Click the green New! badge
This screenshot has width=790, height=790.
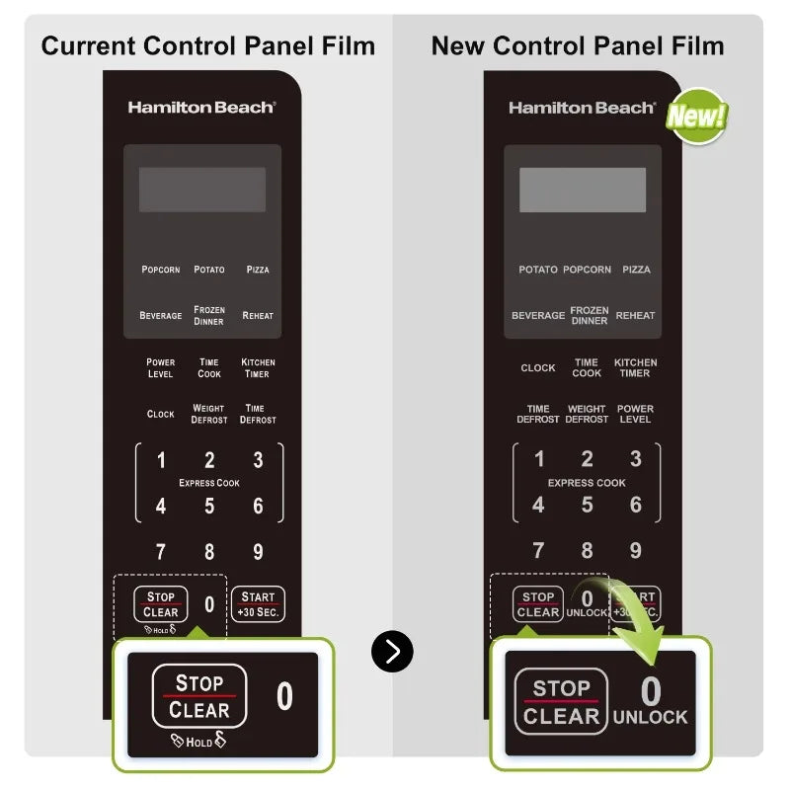click(x=698, y=116)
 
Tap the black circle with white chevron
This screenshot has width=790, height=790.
click(x=392, y=651)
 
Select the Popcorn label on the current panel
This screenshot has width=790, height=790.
click(x=161, y=270)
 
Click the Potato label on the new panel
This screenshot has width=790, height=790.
click(x=538, y=270)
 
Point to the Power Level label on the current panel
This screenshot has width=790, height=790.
click(x=160, y=367)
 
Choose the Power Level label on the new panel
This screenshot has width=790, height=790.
click(x=635, y=414)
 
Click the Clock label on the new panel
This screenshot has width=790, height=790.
click(x=538, y=367)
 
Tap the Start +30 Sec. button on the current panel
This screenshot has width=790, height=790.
click(x=258, y=604)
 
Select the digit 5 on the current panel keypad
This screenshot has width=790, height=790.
click(x=209, y=506)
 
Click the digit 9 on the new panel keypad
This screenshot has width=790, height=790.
click(x=636, y=550)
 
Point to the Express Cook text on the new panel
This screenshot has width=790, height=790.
click(x=587, y=483)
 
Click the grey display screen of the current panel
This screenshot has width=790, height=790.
click(x=202, y=190)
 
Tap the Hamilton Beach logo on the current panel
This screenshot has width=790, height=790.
click(x=201, y=108)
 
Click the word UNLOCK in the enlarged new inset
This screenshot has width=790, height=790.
click(x=651, y=717)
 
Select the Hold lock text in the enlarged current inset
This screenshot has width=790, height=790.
click(x=198, y=740)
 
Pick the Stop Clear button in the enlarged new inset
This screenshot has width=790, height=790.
click(x=561, y=701)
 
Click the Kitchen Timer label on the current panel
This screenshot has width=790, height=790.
click(x=258, y=367)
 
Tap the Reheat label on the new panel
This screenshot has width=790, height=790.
click(x=635, y=315)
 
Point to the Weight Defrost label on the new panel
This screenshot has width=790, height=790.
click(x=587, y=414)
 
